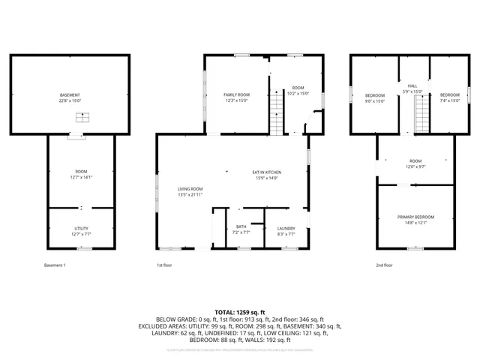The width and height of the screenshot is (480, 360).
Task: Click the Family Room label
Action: (236, 94)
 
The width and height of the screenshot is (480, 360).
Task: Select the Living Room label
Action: (190, 189)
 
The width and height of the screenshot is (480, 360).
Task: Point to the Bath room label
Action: (241, 226)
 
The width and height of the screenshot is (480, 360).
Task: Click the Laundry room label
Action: (286, 228)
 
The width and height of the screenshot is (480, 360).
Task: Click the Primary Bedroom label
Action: (415, 217)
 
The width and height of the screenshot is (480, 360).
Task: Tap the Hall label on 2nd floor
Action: (412, 86)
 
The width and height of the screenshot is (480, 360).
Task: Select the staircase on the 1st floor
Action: (277, 120)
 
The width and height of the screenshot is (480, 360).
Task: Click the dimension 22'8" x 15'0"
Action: (70, 100)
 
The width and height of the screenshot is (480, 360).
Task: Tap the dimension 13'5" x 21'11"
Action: (190, 194)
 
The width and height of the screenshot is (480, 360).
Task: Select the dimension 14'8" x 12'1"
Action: (415, 222)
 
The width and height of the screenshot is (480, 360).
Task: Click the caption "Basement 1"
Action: (55, 265)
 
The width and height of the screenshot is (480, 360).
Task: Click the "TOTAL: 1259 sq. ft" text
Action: (239, 311)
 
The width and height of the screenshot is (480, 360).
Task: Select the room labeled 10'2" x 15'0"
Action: (298, 91)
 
